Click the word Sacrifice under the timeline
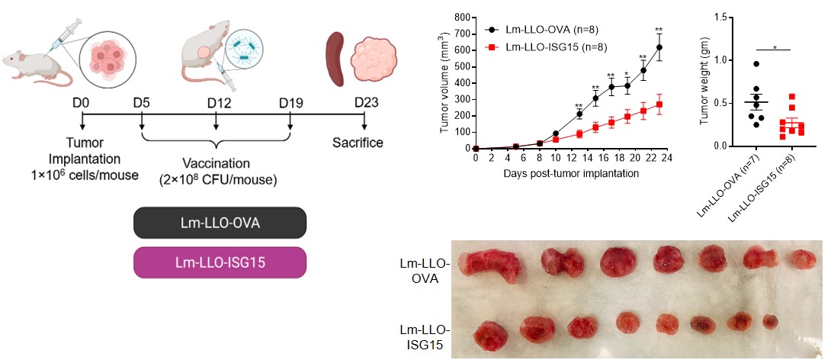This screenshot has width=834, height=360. point(358,143)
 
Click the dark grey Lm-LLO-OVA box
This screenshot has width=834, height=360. point(220,223)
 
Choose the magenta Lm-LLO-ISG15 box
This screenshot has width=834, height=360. point(220,262)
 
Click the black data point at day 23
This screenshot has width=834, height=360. point(659,47)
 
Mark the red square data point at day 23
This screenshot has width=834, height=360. point(659,104)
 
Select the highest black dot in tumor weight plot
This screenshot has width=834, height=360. point(735,64)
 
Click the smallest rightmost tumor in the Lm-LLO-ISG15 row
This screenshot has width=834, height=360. point(770,321)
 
